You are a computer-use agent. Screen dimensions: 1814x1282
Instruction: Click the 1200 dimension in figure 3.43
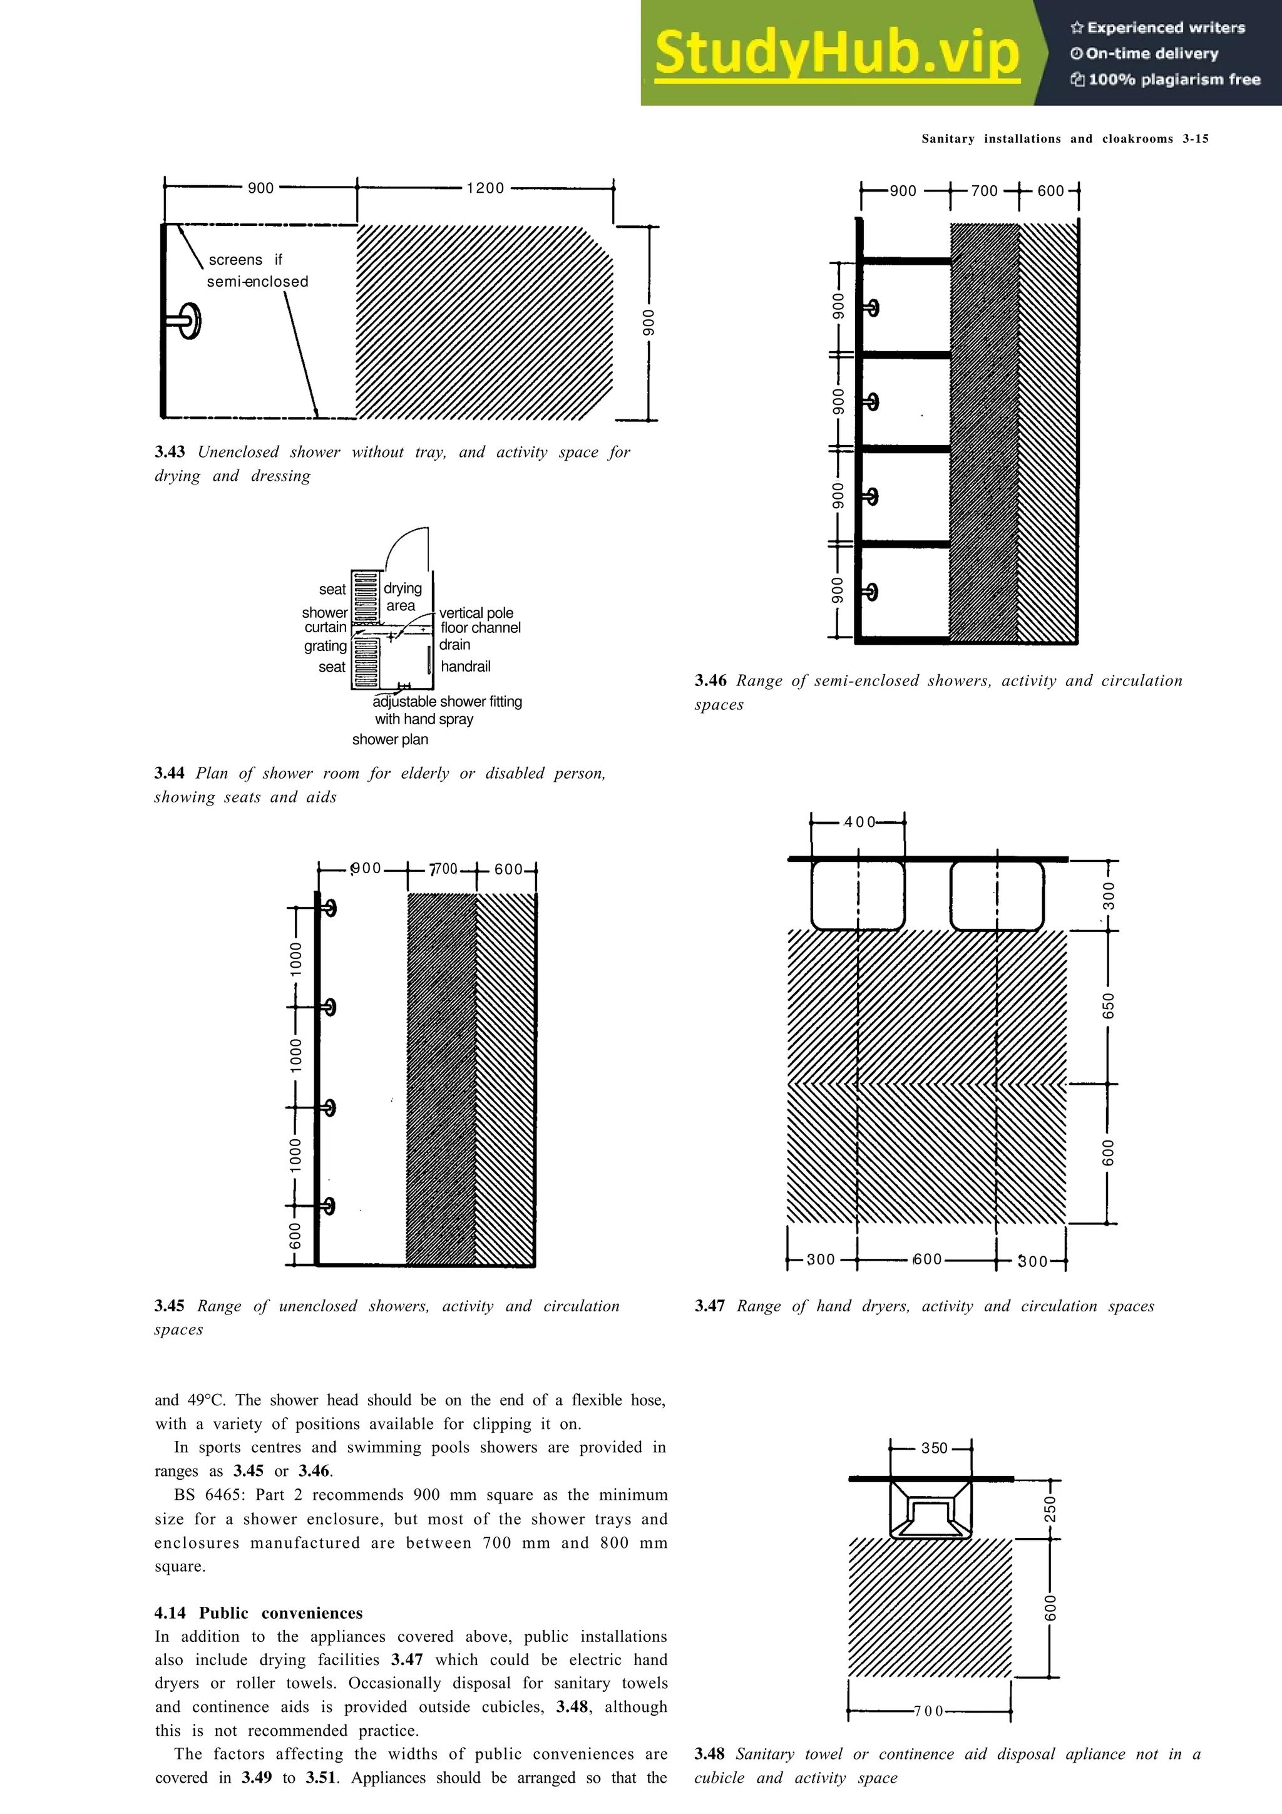485,188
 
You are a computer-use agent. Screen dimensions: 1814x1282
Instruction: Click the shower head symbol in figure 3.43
187,320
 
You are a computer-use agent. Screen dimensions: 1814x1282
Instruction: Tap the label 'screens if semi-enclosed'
257,270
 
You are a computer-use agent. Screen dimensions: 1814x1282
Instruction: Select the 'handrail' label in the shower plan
465,666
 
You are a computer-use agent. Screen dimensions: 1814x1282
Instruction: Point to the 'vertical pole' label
476,612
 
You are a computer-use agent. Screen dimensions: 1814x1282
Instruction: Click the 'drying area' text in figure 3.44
402,597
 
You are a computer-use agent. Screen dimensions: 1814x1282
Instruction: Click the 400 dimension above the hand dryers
859,822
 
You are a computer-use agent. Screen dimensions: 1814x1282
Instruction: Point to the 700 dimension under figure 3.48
928,1711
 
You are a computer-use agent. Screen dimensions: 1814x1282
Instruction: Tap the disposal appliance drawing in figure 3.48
930,1510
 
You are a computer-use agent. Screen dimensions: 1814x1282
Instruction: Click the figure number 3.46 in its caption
710,680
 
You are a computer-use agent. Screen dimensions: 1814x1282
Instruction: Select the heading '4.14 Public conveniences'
259,1612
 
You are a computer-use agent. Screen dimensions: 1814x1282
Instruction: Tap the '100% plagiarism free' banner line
1166,79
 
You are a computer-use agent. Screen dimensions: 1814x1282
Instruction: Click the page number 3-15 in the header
1195,138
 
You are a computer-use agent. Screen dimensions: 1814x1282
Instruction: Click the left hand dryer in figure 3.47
858,895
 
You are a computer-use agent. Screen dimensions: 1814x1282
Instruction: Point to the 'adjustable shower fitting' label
447,701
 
